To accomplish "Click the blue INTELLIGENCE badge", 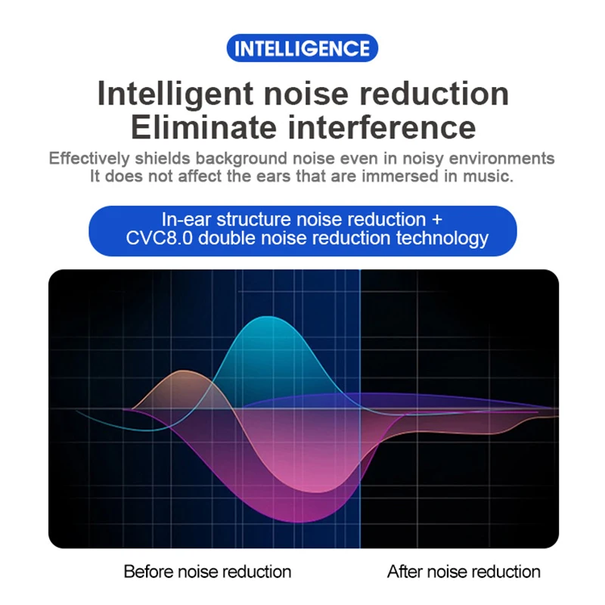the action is point(302,48).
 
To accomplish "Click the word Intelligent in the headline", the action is point(175,94).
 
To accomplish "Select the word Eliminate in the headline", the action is point(203,128).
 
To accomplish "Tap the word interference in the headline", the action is point(382,128).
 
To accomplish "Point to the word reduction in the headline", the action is point(434,94).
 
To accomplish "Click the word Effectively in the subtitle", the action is point(89,158).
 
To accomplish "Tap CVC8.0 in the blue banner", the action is point(159,237).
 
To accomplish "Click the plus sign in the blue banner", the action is point(437,220).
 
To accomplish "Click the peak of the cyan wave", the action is point(268,317).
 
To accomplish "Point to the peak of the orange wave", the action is point(185,371).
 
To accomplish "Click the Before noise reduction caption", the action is point(207,572).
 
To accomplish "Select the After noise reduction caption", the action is point(464,572).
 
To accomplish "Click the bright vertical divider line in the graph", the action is point(360,408).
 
